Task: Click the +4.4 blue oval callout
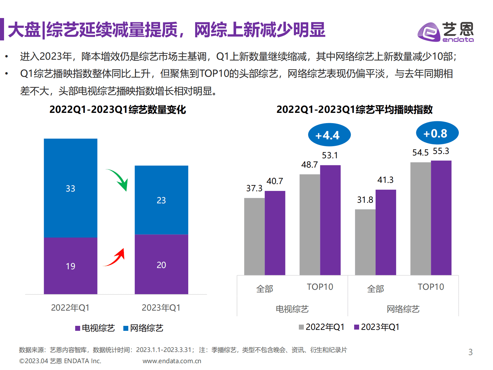(329, 135)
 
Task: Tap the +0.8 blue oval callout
(437, 133)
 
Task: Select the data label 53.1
(330, 155)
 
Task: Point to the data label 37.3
(254, 188)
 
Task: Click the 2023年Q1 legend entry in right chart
(377, 327)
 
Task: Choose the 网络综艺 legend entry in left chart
(143, 328)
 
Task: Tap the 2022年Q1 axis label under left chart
(70, 308)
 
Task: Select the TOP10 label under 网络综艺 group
(431, 287)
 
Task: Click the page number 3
(470, 352)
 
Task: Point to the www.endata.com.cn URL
(172, 361)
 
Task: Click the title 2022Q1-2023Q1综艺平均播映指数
(354, 109)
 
